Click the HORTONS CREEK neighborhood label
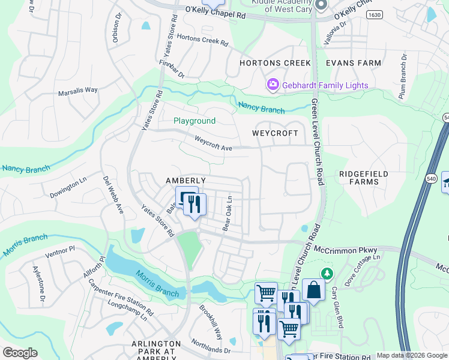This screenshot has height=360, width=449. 275,63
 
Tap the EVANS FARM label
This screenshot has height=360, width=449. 353,63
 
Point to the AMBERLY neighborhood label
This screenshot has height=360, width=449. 186,181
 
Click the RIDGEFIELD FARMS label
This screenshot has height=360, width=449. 363,178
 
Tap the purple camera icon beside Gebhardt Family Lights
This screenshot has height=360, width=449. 273,85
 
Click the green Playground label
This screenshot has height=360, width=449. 194,121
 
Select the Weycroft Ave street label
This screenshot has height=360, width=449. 213,143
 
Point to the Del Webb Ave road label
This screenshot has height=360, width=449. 112,195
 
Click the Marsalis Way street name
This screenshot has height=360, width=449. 77,91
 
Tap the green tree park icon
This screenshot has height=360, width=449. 327,274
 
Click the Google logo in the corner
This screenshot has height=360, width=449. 20,352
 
